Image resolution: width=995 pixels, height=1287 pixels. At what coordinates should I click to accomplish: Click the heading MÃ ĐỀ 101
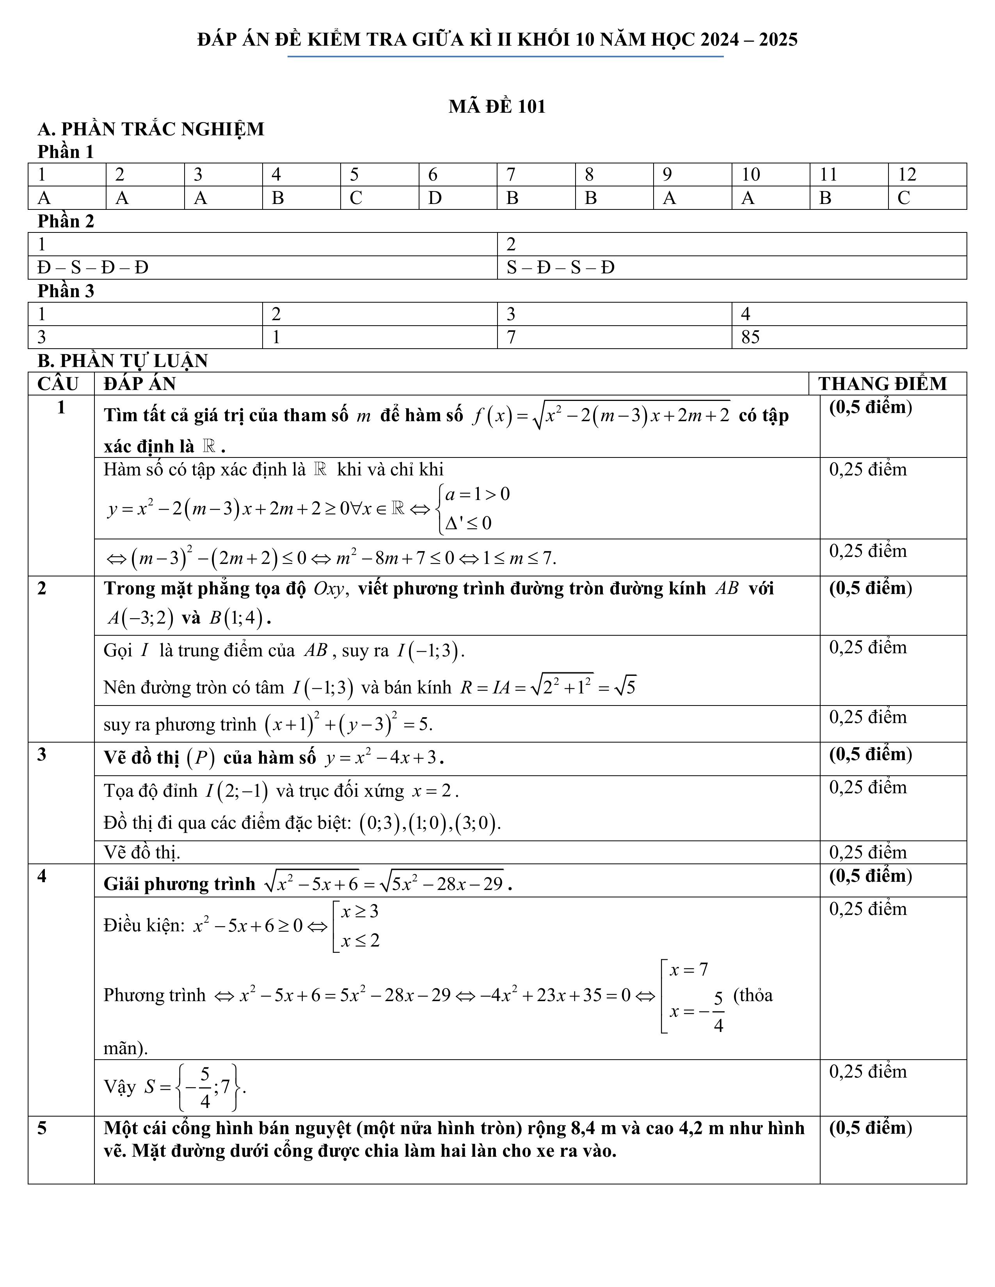[497, 106]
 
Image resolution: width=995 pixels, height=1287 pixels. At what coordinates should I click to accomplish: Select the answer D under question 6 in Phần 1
[434, 198]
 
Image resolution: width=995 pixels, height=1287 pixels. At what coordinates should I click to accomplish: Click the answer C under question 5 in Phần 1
[355, 198]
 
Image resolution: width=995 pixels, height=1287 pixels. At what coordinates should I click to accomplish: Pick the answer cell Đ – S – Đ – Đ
[92, 268]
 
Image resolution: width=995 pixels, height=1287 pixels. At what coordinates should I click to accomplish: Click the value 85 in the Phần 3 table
[750, 337]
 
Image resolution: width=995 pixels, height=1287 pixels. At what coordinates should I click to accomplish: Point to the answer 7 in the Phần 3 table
[511, 337]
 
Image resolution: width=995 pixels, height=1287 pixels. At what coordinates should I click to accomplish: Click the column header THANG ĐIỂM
[882, 384]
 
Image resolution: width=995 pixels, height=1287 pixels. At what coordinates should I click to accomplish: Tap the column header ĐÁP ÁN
[140, 384]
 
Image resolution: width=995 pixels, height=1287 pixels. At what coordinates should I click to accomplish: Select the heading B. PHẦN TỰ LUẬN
[123, 361]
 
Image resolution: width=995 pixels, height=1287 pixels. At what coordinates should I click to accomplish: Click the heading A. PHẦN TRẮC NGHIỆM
[151, 129]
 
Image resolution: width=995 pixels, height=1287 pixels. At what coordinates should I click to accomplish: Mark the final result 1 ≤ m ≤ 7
[519, 557]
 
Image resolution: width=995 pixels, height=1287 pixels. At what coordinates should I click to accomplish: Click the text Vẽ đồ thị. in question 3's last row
[142, 852]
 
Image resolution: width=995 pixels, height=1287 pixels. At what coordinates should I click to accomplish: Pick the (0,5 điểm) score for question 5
[870, 1127]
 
